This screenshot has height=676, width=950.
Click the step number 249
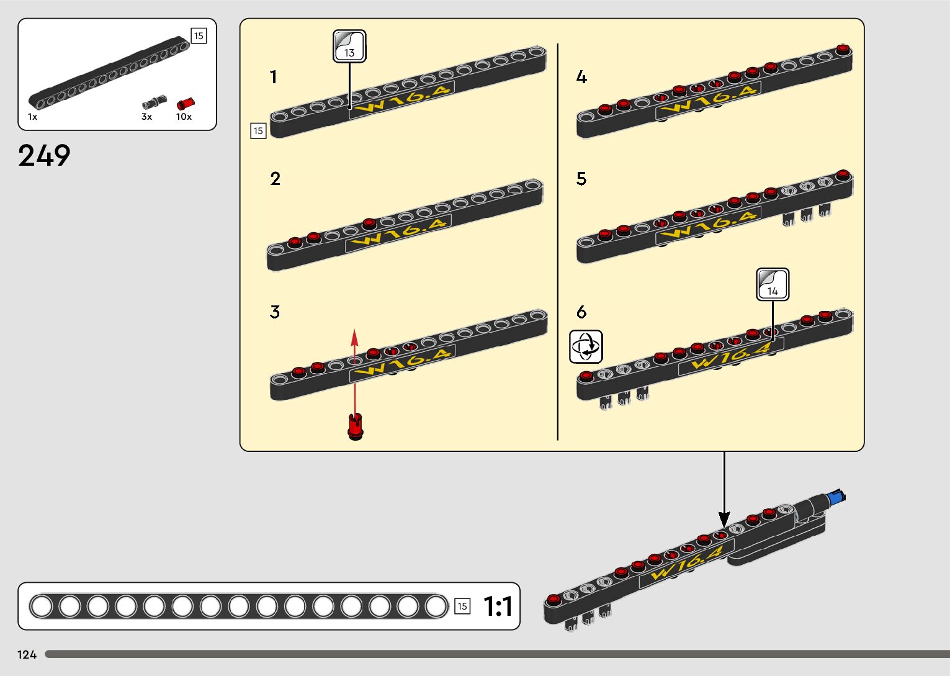(x=44, y=155)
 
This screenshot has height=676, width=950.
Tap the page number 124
(x=27, y=654)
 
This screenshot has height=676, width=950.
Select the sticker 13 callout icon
(x=349, y=46)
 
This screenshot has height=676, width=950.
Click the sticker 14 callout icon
(x=773, y=284)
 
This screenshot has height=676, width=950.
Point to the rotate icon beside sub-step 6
(x=586, y=346)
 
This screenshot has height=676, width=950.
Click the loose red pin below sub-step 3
(x=356, y=426)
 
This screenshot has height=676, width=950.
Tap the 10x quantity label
(x=184, y=117)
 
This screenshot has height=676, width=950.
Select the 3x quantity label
(x=146, y=117)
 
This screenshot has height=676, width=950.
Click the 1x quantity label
(x=32, y=117)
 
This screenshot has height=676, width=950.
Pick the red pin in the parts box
(x=185, y=104)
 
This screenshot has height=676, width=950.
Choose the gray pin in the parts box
(x=154, y=102)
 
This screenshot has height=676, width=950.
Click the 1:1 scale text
(x=498, y=606)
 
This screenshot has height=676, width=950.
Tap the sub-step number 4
(x=581, y=77)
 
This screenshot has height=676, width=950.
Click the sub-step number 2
(x=276, y=179)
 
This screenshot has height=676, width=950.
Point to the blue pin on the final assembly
(x=836, y=497)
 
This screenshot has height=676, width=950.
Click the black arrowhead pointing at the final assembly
(x=724, y=518)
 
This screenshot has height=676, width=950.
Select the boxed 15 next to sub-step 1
(x=258, y=131)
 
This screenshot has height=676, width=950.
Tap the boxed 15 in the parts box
(x=199, y=36)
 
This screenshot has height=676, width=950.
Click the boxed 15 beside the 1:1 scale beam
(x=462, y=606)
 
